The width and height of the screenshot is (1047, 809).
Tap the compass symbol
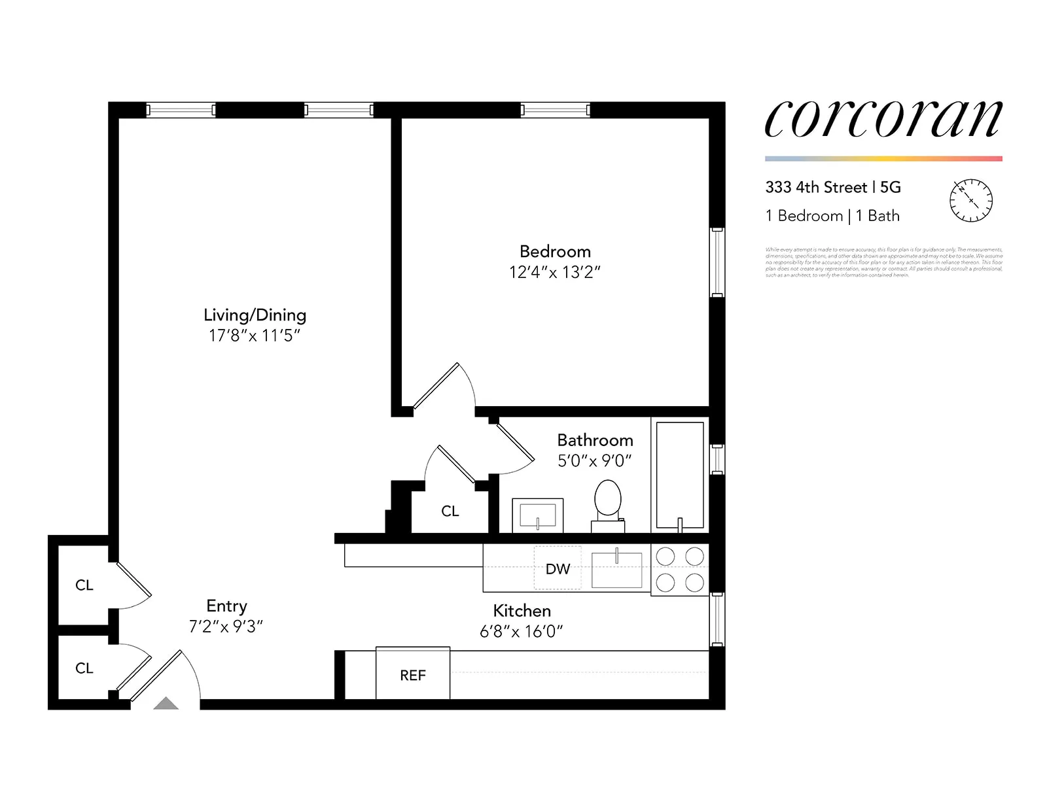970,200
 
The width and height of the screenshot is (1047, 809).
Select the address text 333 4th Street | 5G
833,188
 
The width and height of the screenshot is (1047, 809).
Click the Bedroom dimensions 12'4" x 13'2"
555,273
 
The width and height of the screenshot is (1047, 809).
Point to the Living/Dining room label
255,315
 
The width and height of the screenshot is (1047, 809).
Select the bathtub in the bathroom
680,475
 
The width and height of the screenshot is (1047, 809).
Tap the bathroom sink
537,515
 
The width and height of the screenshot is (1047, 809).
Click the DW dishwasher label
558,569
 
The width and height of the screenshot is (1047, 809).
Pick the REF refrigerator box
413,674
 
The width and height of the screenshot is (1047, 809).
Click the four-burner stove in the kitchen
680,569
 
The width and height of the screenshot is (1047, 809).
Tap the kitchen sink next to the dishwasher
616,570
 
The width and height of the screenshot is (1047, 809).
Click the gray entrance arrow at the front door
166,704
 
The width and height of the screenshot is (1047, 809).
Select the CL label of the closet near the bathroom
450,511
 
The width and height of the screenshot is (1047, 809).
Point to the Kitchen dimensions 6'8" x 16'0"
522,631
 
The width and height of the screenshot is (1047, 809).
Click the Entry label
226,606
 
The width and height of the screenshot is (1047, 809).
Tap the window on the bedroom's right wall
717,262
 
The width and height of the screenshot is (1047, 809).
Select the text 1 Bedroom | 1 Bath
832,216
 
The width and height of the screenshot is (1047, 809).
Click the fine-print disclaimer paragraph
883,262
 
